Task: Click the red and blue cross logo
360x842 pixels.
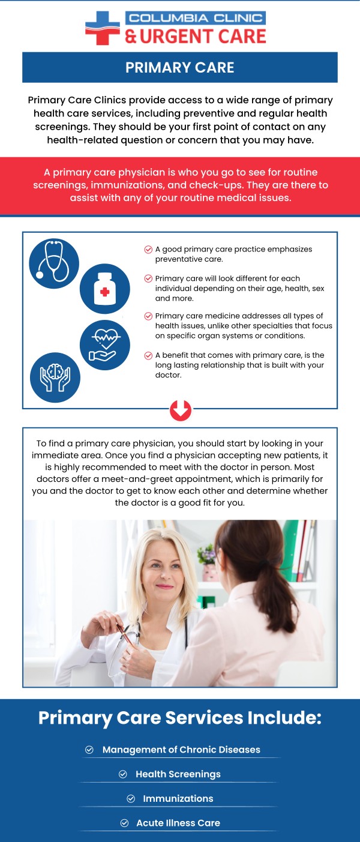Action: (x=103, y=28)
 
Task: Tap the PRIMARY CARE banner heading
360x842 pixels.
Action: (x=180, y=67)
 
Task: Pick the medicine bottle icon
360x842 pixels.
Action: (x=105, y=289)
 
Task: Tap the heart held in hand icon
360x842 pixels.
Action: (x=105, y=345)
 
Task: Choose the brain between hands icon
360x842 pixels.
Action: (x=55, y=377)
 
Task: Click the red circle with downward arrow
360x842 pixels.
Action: (x=181, y=410)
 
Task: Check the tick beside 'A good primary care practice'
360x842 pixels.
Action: (x=148, y=250)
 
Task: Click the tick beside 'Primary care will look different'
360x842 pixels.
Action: (x=148, y=279)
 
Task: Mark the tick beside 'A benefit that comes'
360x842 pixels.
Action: (x=148, y=355)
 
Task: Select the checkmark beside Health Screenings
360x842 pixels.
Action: (x=124, y=774)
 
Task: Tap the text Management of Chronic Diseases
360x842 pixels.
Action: (x=181, y=750)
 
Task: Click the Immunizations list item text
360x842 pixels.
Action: (x=178, y=799)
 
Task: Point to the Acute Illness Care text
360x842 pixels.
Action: (x=178, y=823)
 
